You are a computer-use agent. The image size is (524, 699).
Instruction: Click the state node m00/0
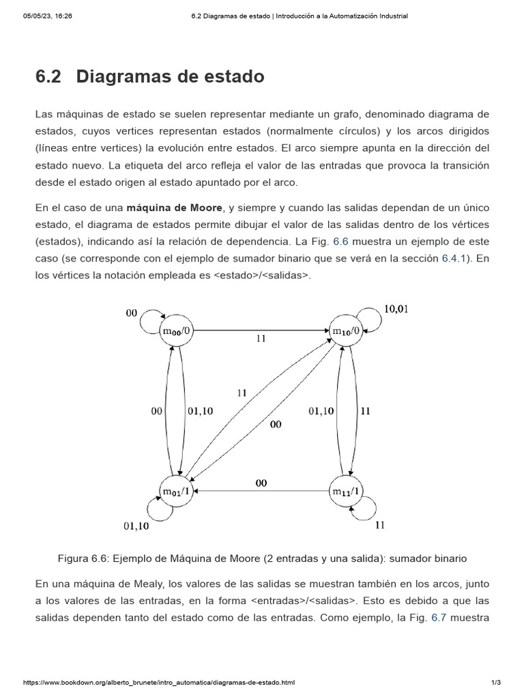click(x=177, y=331)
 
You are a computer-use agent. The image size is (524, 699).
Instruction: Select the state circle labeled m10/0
click(x=346, y=331)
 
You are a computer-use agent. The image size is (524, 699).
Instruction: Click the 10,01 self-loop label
click(x=396, y=309)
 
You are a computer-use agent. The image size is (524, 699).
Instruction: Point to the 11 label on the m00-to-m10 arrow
click(x=261, y=339)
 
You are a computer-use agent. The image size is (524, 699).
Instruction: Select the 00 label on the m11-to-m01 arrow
click(x=261, y=483)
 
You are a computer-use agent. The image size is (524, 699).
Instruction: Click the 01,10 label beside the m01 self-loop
click(x=136, y=526)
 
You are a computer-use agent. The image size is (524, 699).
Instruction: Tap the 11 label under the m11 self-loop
click(x=380, y=525)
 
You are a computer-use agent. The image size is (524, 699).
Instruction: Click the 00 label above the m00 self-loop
click(x=132, y=313)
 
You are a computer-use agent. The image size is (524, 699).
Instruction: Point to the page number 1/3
click(x=496, y=682)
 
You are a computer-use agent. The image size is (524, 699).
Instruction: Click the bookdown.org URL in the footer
click(x=159, y=682)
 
